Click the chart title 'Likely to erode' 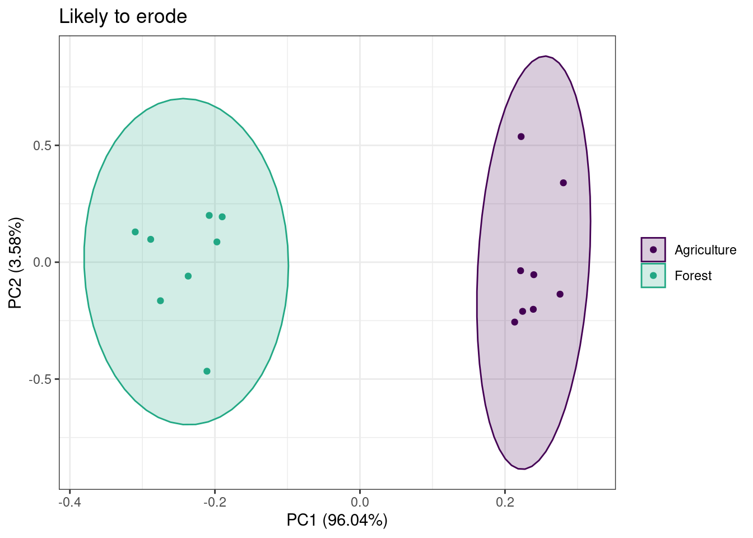click(x=123, y=17)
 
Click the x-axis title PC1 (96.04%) click(x=337, y=520)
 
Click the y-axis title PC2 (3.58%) click(x=16, y=263)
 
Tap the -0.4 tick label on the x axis click(x=69, y=500)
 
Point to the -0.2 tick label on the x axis click(x=215, y=500)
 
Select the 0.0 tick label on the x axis click(x=360, y=500)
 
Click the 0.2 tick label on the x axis click(x=505, y=500)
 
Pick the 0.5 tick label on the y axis click(x=42, y=146)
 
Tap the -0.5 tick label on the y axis click(x=40, y=379)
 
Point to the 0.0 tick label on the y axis click(x=42, y=262)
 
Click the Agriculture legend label click(x=705, y=250)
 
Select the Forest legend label click(x=692, y=276)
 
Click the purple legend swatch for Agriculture click(x=653, y=249)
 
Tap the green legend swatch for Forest click(x=653, y=275)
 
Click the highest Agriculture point click(x=521, y=137)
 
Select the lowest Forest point click(x=207, y=371)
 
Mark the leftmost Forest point click(x=135, y=232)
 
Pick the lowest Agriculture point click(x=514, y=322)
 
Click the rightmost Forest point click(x=222, y=217)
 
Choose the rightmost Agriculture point click(x=563, y=183)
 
